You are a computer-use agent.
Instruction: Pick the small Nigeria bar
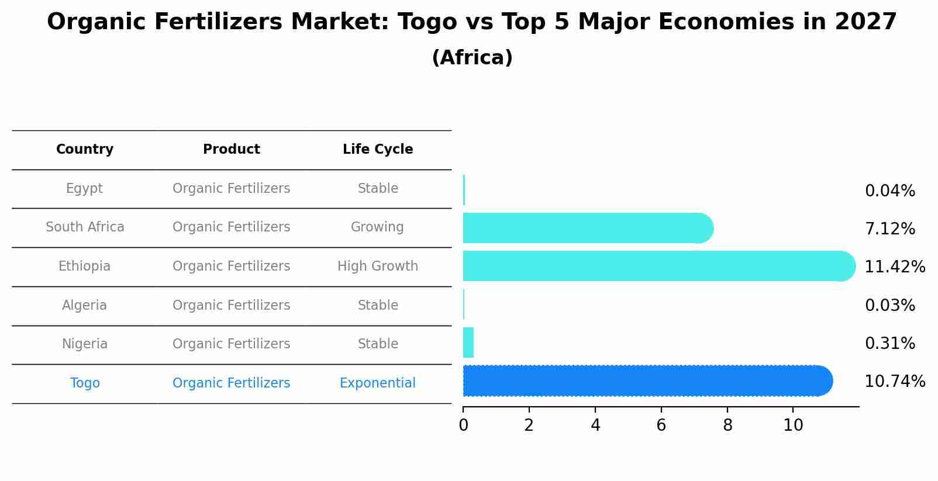pyautogui.click(x=468, y=342)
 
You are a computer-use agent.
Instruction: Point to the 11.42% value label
pyautogui.click(x=894, y=267)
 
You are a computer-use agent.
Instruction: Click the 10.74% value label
pyautogui.click(x=894, y=382)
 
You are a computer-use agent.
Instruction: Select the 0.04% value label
pyautogui.click(x=889, y=191)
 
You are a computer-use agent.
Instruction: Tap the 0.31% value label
pyautogui.click(x=889, y=344)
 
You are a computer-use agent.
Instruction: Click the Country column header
pyautogui.click(x=85, y=150)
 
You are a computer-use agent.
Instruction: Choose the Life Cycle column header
pyautogui.click(x=378, y=150)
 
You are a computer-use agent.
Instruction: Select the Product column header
pyautogui.click(x=232, y=150)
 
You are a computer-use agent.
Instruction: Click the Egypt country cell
pyautogui.click(x=85, y=189)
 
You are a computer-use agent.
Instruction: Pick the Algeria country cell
pyautogui.click(x=85, y=306)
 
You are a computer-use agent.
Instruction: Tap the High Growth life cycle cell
pyautogui.click(x=378, y=267)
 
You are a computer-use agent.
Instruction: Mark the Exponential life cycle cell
pyautogui.click(x=378, y=383)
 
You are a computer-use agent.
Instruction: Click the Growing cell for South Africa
pyautogui.click(x=378, y=227)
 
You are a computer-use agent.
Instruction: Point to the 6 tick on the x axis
pyautogui.click(x=661, y=425)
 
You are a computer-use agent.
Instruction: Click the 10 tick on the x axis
pyautogui.click(x=794, y=425)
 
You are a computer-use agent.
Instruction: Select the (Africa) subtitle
pyautogui.click(x=472, y=58)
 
